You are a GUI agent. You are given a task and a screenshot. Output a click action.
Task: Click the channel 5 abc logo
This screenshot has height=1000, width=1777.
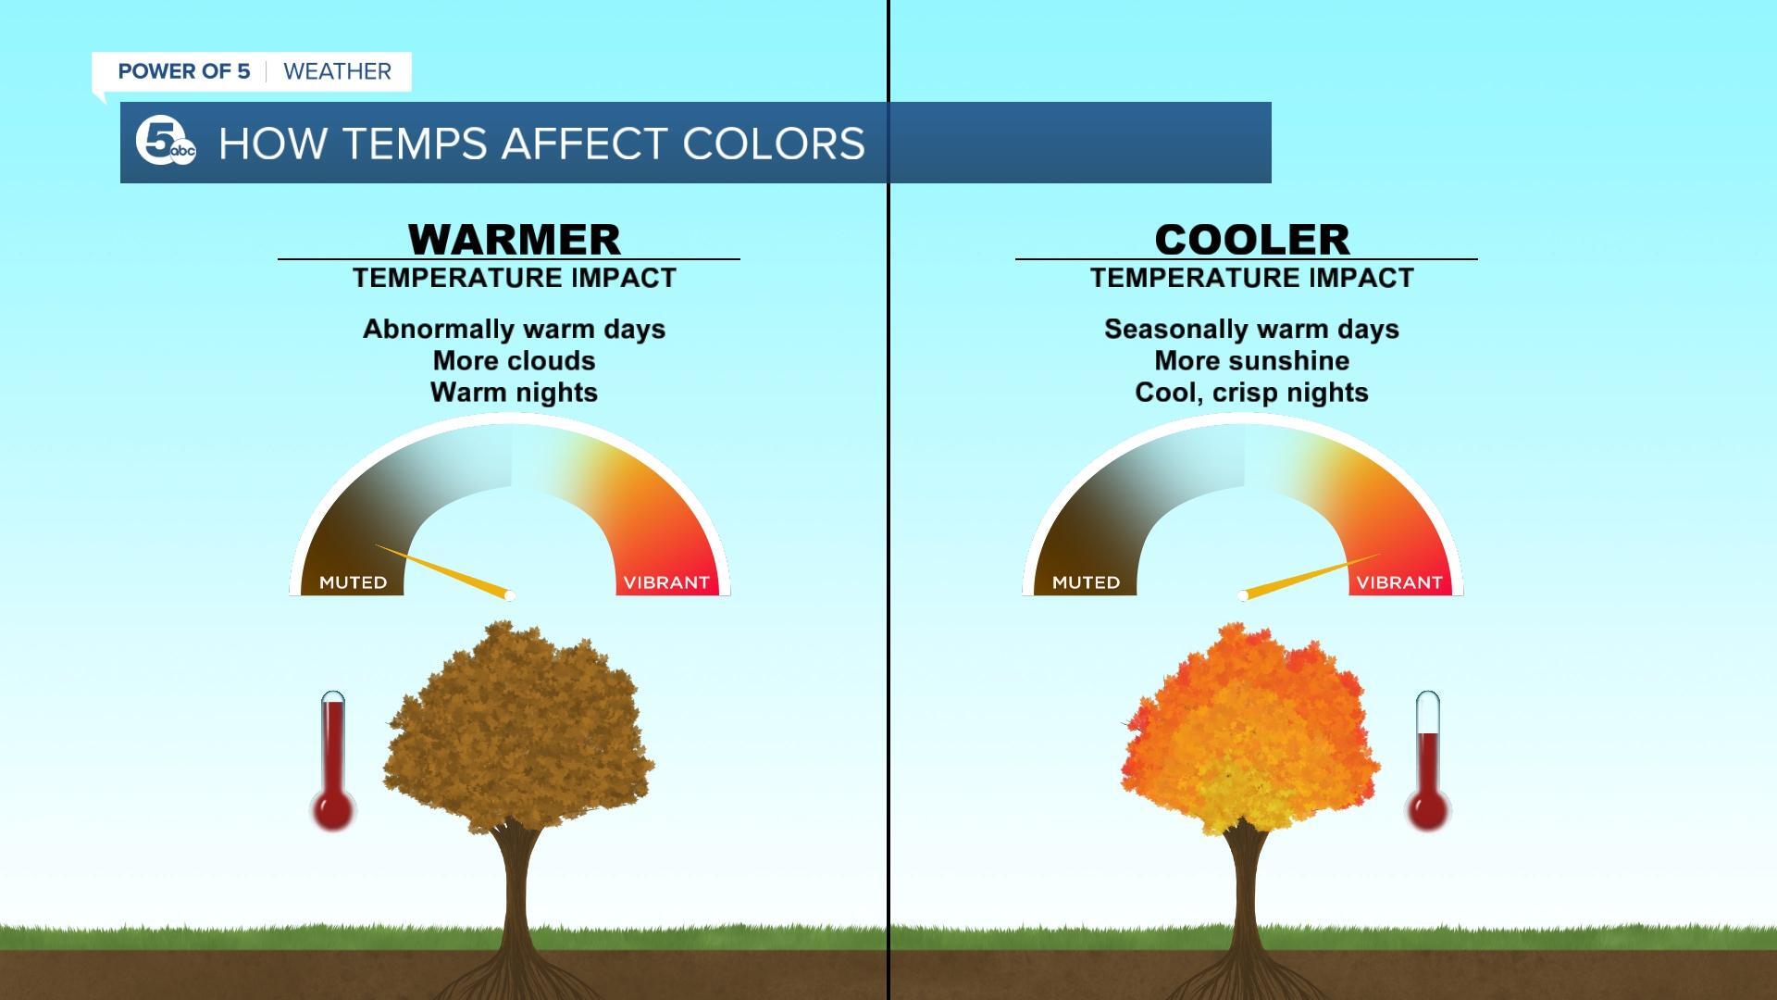pos(166,143)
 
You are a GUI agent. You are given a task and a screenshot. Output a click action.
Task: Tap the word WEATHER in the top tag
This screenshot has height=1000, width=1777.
pos(337,71)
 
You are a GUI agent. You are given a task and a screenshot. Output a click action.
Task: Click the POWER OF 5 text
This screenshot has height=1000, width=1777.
pos(184,71)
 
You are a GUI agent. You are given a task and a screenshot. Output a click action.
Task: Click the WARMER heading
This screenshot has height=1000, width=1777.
pos(515,239)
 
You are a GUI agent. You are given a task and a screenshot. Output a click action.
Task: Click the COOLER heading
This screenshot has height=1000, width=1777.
pos(1251,239)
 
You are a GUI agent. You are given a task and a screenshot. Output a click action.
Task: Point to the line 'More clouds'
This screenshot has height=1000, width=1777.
pos(515,360)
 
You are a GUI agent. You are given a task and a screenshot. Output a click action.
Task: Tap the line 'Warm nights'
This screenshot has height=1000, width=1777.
pos(515,393)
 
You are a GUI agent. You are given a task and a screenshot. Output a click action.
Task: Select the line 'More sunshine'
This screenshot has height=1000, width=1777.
pos(1251,360)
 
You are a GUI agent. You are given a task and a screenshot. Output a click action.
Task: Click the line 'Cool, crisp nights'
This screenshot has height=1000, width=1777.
pos(1251,393)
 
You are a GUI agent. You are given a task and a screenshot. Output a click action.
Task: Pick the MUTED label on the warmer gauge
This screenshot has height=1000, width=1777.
pos(354,582)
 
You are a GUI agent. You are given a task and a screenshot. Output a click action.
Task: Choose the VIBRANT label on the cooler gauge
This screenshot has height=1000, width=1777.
pos(1399,582)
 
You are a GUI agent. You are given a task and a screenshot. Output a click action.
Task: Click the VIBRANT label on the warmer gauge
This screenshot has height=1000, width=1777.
pos(666,582)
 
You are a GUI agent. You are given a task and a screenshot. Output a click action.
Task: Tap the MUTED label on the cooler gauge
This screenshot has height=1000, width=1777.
pos(1087,582)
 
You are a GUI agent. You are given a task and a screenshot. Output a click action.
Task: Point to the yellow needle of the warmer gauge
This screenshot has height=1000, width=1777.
pos(443,570)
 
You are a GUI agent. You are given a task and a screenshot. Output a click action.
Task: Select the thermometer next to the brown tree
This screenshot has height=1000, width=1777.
pos(333,760)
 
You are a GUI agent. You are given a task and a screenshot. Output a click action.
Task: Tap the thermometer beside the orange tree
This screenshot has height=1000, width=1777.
pos(1428,760)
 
